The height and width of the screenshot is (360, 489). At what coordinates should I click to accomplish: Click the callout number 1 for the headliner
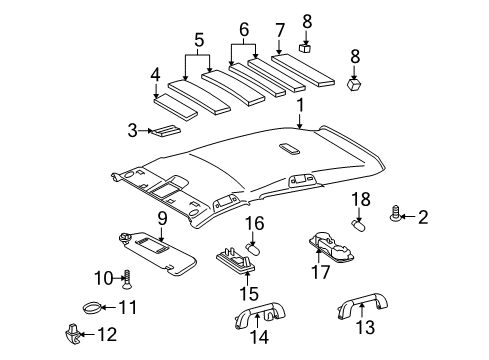point(299,105)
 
